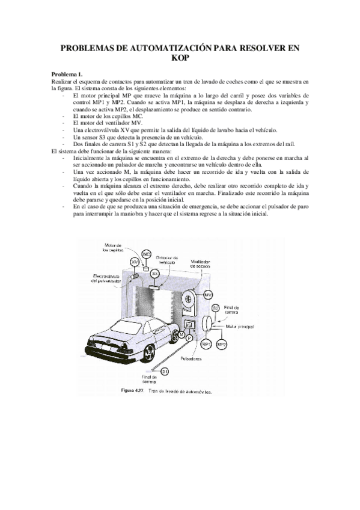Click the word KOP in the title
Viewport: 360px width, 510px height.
point(180,59)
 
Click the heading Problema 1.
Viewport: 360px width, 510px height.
point(67,73)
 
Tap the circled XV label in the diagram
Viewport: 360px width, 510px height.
point(135,262)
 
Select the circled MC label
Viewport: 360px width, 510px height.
point(147,255)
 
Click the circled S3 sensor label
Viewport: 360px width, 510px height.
point(154,273)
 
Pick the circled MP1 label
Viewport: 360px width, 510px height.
point(207,343)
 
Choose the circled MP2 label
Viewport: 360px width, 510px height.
point(222,343)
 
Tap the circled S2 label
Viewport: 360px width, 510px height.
point(215,308)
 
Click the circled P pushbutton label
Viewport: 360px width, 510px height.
point(189,338)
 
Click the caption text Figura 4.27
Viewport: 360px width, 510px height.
point(132,390)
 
